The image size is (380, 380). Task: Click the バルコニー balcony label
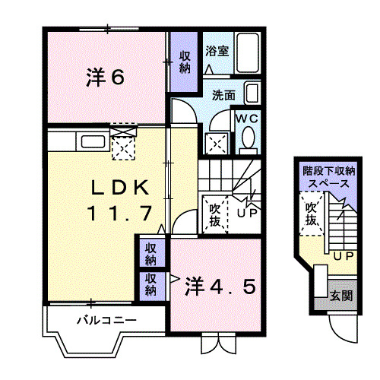pos(106,320)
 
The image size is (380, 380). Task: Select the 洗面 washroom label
pos(223,96)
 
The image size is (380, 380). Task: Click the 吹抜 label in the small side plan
pos(312,214)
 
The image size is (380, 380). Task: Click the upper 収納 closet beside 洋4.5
pos(152,254)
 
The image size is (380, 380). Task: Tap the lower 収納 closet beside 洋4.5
pos(152,284)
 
